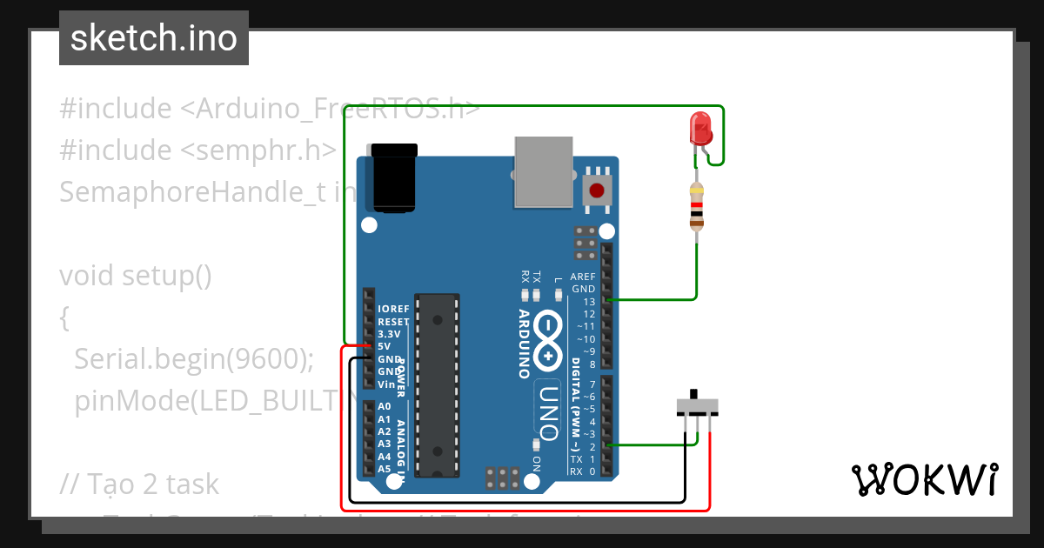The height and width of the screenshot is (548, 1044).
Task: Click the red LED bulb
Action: point(700,129)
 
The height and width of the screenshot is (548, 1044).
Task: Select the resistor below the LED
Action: point(696,207)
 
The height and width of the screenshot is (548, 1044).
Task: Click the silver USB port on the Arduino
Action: point(544,172)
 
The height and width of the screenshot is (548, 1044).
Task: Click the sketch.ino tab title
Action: point(154,38)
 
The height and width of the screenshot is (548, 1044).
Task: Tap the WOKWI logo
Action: point(924,479)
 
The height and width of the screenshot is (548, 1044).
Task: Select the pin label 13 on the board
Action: point(589,301)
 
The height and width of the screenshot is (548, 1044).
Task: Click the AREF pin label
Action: point(583,277)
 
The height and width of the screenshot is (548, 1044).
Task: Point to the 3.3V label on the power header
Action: point(389,334)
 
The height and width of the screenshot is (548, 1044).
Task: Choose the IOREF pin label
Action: point(393,309)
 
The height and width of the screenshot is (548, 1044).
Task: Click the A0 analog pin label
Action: point(385,406)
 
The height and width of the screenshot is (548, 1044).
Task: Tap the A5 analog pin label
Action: point(385,469)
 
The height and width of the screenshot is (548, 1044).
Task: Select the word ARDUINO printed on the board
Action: point(525,343)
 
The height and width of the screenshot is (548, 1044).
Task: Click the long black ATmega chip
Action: point(437,385)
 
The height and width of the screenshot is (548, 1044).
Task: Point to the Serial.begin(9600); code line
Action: point(194,359)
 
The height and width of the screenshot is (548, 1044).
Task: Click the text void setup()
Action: point(136,276)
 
